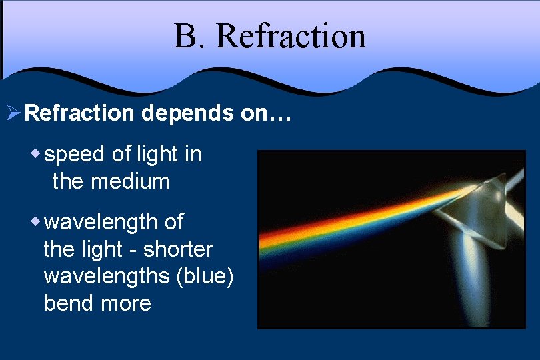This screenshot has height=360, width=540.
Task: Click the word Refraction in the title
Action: [x=291, y=36]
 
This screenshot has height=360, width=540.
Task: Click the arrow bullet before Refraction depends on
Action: [x=13, y=113]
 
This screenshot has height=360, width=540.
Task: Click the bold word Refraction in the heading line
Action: [x=79, y=113]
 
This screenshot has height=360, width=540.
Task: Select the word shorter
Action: [x=178, y=249]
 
